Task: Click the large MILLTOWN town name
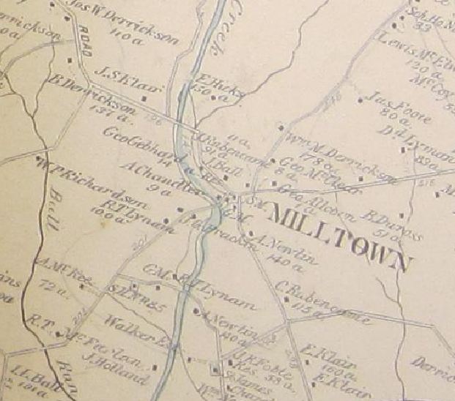tap(338, 236)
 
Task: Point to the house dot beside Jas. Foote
tap(363, 96)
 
